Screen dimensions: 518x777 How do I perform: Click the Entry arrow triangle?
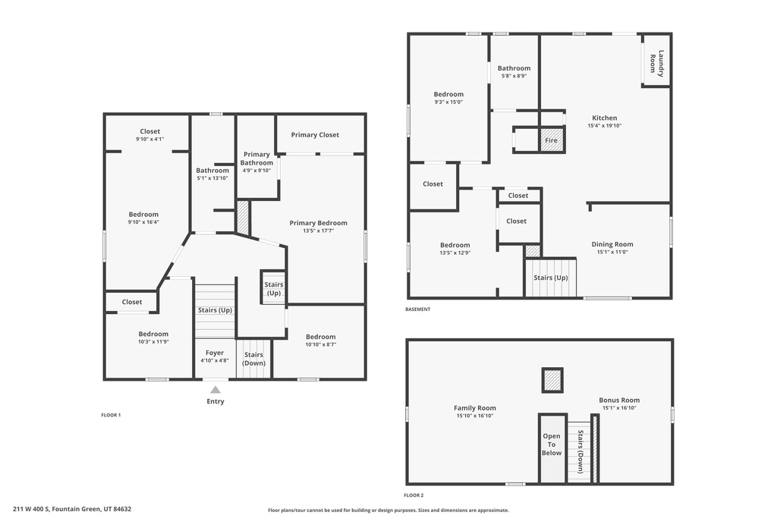click(x=215, y=389)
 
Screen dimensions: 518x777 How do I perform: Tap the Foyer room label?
click(x=215, y=353)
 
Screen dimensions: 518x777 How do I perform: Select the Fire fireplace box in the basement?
click(x=552, y=140)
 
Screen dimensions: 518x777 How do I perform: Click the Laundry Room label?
click(x=656, y=63)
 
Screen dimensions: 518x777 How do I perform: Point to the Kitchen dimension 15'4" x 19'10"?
click(x=604, y=126)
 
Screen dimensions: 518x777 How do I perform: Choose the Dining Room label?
click(x=612, y=244)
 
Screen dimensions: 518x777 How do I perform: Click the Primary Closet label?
click(x=315, y=135)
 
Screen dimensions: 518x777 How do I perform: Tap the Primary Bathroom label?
click(x=256, y=159)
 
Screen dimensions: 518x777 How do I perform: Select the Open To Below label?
click(x=552, y=445)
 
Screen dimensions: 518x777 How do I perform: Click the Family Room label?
click(x=475, y=408)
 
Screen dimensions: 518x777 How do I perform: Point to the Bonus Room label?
click(x=619, y=400)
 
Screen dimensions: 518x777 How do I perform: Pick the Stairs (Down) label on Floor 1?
click(x=253, y=359)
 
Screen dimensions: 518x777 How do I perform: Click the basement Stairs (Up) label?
click(x=550, y=278)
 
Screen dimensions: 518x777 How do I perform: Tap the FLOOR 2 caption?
click(x=414, y=495)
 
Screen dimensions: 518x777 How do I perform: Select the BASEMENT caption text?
click(x=418, y=309)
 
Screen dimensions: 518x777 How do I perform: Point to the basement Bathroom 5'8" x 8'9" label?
click(x=514, y=72)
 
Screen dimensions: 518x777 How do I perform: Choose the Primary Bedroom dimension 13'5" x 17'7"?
click(x=318, y=231)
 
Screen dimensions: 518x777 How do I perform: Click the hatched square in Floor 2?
click(x=552, y=380)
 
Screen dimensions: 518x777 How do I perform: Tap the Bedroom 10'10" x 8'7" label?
click(x=320, y=341)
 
